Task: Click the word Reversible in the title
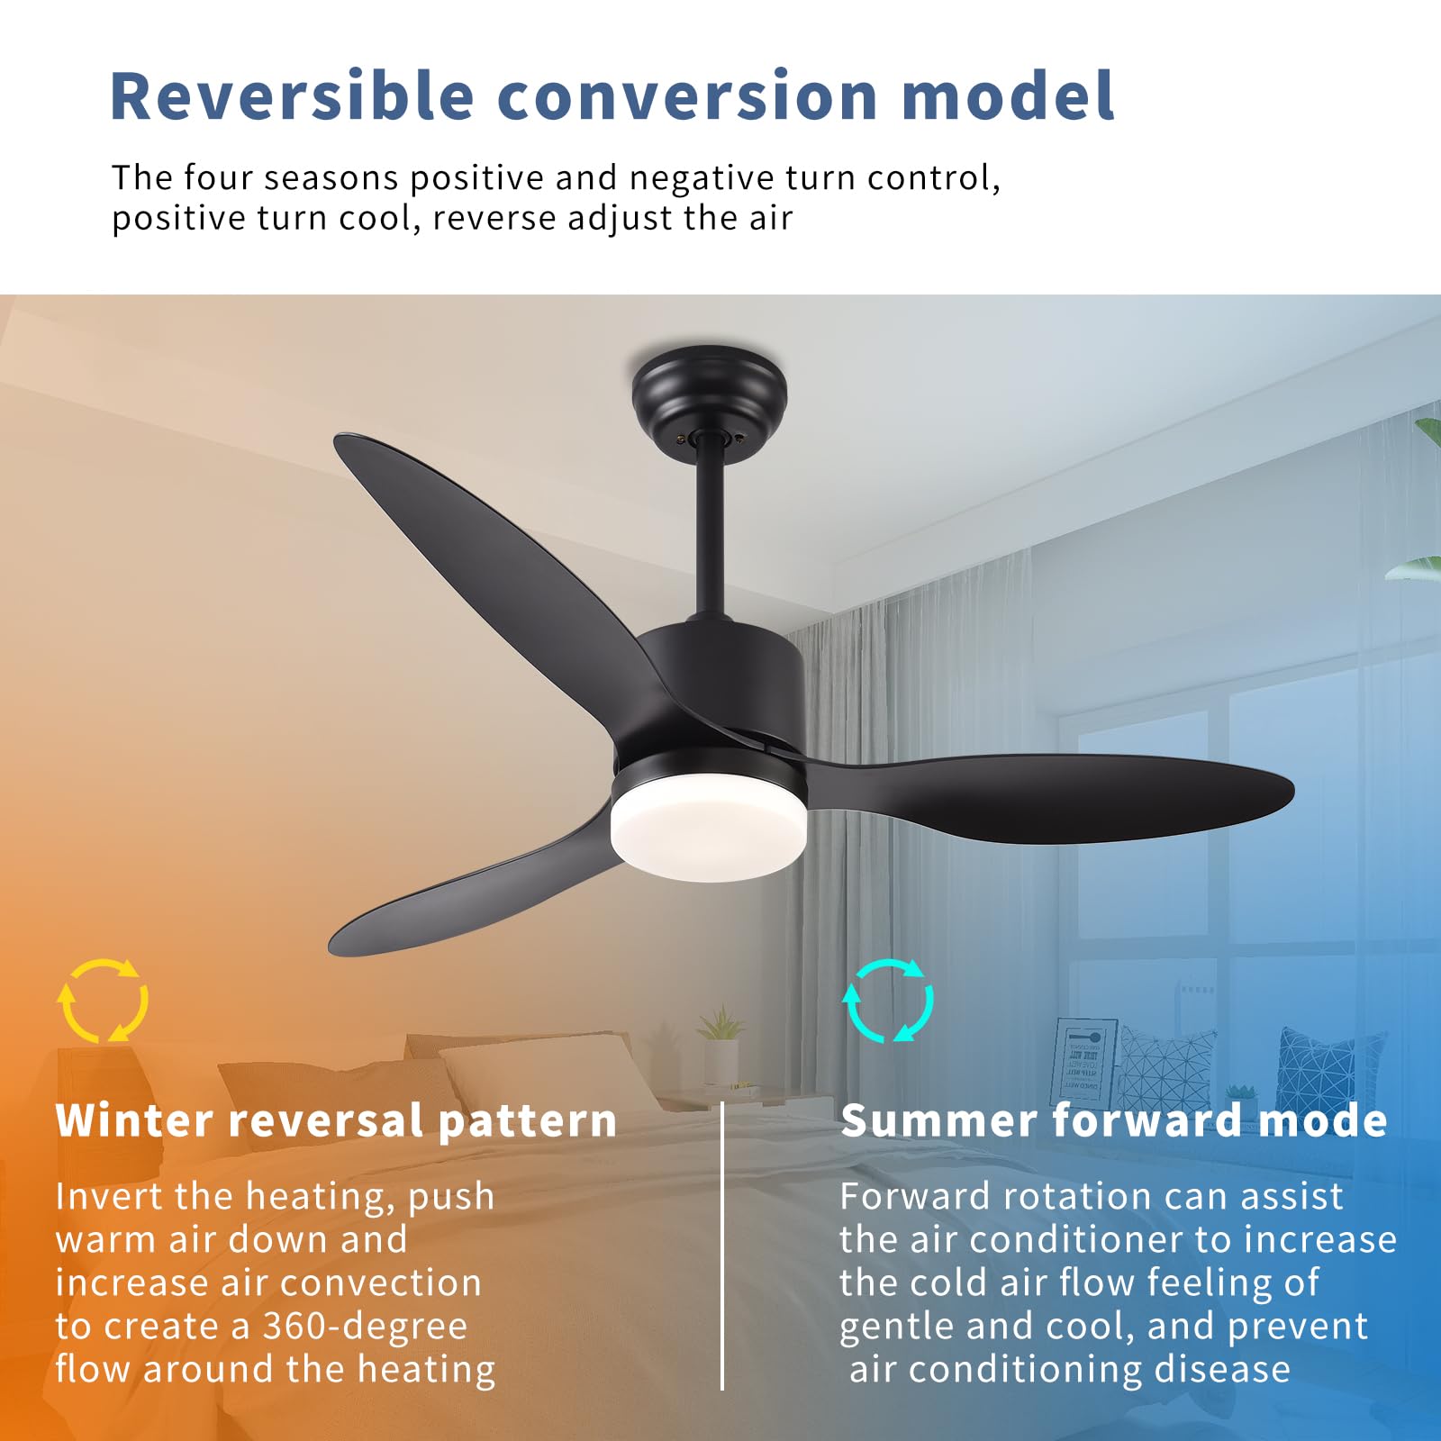tap(291, 95)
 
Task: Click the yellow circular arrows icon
tap(103, 1001)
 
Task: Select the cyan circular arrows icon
tap(888, 1001)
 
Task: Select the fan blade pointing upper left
tap(495, 558)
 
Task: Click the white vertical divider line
tap(722, 1243)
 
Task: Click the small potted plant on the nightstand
tap(720, 1045)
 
